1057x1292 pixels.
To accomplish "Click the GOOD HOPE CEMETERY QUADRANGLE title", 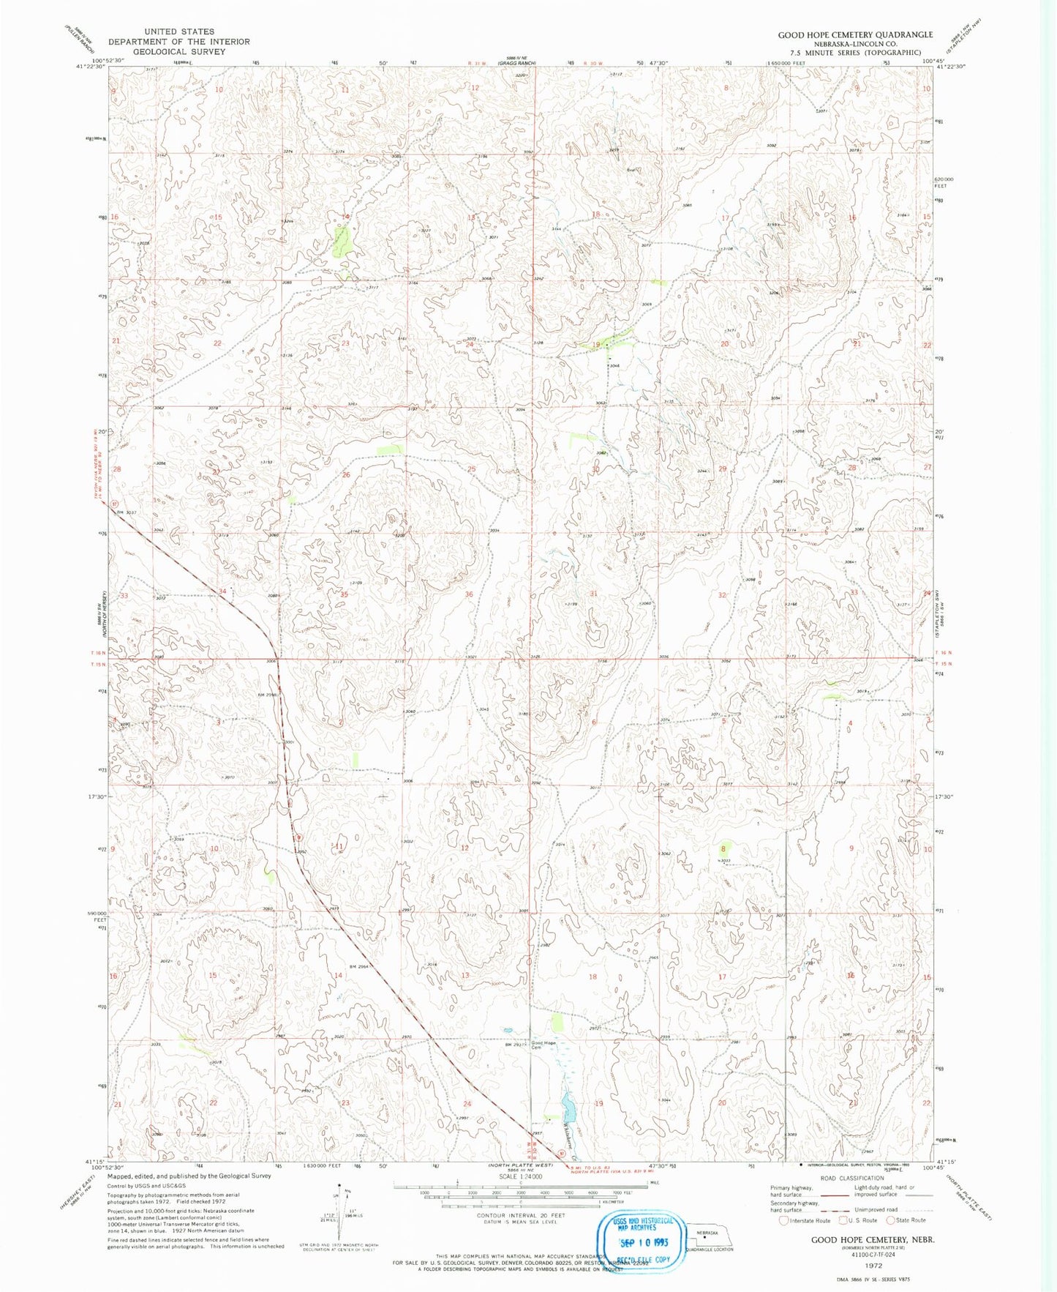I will [854, 34].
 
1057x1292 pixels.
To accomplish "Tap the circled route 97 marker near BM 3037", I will [115, 504].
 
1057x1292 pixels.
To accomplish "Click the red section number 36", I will [469, 594].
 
